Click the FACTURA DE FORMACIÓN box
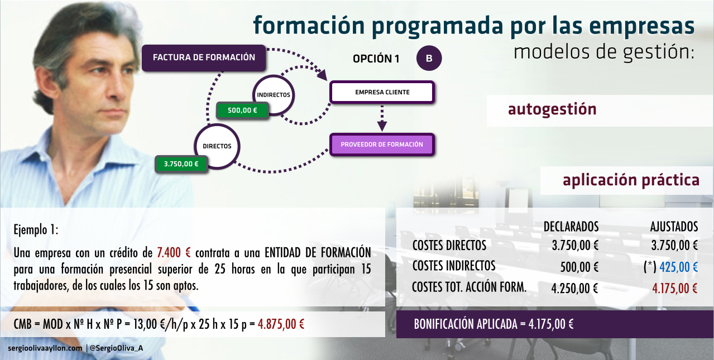(x=204, y=57)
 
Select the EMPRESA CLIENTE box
(x=382, y=92)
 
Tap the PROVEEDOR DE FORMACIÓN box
(x=382, y=145)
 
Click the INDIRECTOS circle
(x=274, y=95)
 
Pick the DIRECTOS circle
(x=217, y=146)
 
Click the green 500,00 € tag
(x=242, y=111)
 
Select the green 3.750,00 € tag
(x=181, y=164)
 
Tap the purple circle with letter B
(x=429, y=58)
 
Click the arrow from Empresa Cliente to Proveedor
(x=382, y=117)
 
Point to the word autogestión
(x=552, y=109)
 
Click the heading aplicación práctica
(x=631, y=180)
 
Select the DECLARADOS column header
(x=571, y=227)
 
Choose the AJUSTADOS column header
(x=674, y=227)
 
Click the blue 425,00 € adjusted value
(x=679, y=267)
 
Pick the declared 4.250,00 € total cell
(x=574, y=289)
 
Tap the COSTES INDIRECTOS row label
(x=454, y=266)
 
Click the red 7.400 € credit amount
(x=174, y=253)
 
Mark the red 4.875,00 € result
(x=281, y=324)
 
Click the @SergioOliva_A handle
(x=116, y=348)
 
